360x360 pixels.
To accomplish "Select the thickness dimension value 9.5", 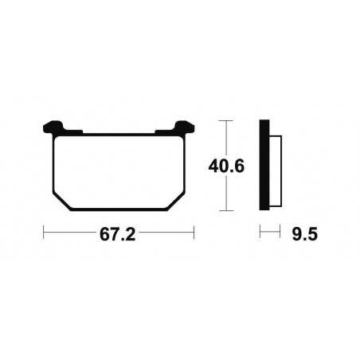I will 303,237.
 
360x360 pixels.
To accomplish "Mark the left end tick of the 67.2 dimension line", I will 44,234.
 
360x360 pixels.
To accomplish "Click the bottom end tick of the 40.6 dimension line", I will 229,211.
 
